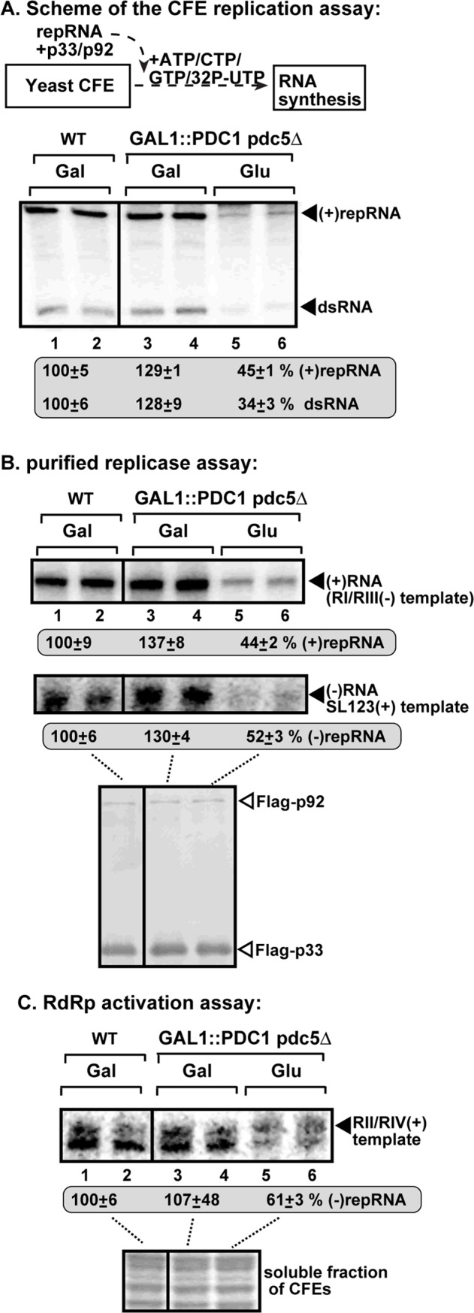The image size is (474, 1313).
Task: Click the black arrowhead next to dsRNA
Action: click(x=310, y=306)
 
